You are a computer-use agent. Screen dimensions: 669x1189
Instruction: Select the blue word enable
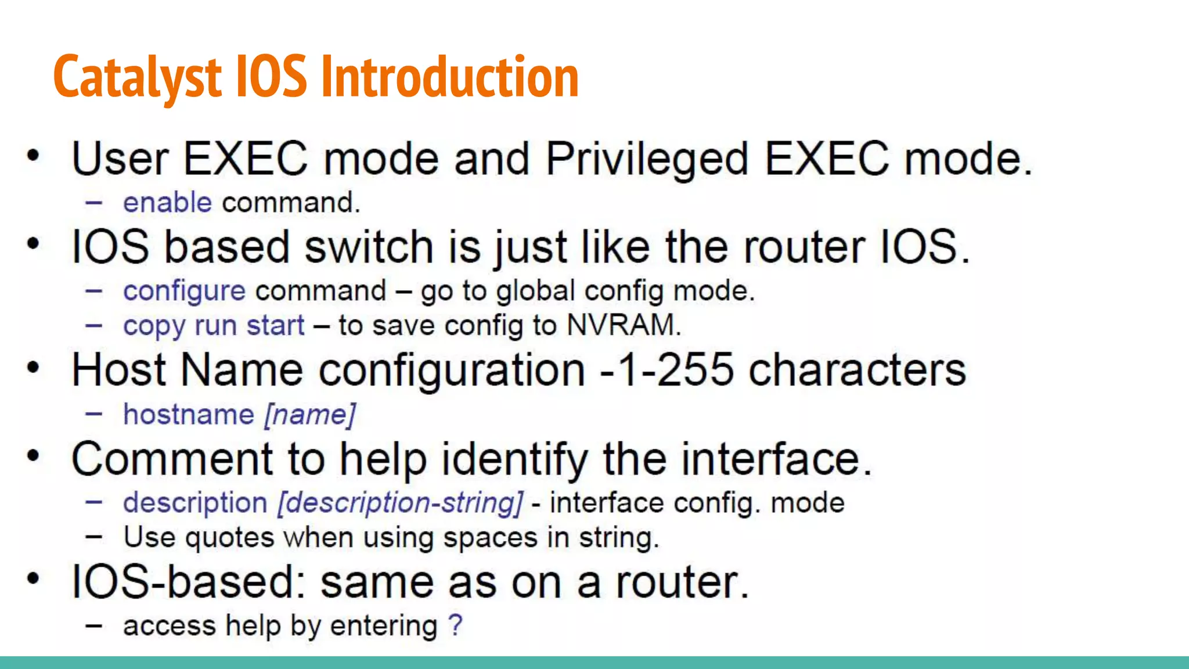(x=167, y=203)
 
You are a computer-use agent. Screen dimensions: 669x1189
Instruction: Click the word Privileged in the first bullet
(x=647, y=159)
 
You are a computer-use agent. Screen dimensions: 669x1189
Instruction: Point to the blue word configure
(x=184, y=291)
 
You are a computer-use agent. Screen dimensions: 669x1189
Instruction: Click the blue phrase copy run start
(x=214, y=326)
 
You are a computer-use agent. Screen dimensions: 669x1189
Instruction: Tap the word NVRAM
(x=621, y=325)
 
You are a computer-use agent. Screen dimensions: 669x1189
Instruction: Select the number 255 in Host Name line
(x=695, y=370)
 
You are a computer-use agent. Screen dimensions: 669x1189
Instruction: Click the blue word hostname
(x=189, y=415)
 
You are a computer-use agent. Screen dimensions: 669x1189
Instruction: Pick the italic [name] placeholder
(x=310, y=415)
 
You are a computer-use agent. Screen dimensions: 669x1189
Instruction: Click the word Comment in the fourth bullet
(x=172, y=459)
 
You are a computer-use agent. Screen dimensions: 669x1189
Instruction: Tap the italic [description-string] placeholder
(x=400, y=503)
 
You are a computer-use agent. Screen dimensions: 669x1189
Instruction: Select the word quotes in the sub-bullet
(x=230, y=538)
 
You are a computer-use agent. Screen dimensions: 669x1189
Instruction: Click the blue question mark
(x=456, y=625)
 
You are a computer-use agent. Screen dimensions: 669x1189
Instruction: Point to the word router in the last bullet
(x=682, y=582)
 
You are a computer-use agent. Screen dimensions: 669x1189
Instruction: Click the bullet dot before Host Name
(x=33, y=368)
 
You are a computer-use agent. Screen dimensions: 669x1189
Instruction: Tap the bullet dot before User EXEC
(x=33, y=156)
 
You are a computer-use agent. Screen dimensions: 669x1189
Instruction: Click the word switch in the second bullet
(x=369, y=247)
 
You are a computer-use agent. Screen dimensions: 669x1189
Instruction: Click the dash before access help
(x=94, y=626)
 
